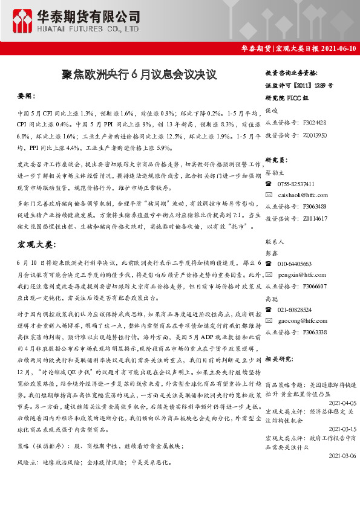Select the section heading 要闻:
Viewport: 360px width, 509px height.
click(x=27, y=96)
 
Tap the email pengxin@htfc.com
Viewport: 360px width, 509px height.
click(x=303, y=274)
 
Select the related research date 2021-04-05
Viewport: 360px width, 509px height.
click(x=342, y=402)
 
